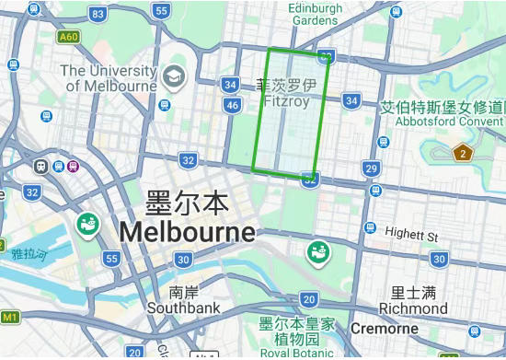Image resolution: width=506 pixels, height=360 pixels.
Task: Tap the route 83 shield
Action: (x=98, y=14)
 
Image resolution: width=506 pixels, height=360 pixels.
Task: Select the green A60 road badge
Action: (x=68, y=37)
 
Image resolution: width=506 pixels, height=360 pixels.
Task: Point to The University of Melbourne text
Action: (x=109, y=78)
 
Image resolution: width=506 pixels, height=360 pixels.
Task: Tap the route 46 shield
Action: (x=232, y=105)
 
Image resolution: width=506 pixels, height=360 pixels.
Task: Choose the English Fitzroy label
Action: (x=286, y=101)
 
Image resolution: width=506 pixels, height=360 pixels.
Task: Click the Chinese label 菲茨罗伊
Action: (x=286, y=86)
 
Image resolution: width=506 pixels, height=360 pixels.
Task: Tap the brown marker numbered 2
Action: (x=462, y=153)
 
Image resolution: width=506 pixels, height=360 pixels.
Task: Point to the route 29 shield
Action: (x=371, y=168)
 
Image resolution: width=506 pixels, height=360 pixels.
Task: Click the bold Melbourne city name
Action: (x=187, y=230)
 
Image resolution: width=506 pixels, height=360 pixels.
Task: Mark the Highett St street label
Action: (x=411, y=235)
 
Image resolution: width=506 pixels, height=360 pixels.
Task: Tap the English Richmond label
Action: (x=413, y=308)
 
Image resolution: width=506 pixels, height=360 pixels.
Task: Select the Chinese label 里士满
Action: (x=413, y=293)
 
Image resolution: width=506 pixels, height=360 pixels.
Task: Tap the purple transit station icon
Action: (x=73, y=166)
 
